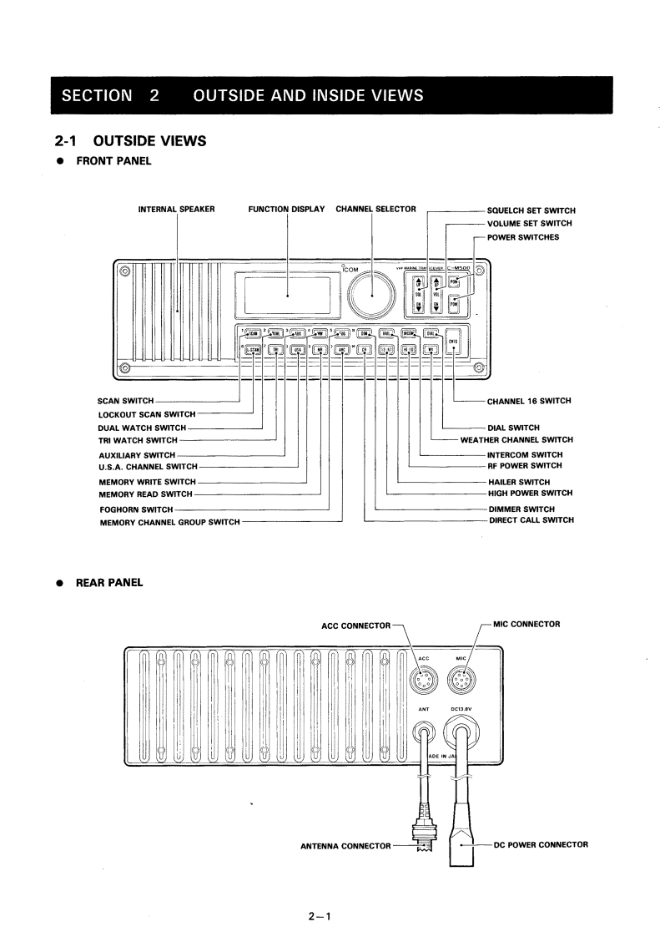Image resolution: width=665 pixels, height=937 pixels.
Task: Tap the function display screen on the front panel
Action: pyautogui.click(x=287, y=295)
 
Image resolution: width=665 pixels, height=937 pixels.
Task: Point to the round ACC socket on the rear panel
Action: pyautogui.click(x=424, y=683)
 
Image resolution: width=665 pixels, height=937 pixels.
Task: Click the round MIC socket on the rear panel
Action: pyautogui.click(x=461, y=683)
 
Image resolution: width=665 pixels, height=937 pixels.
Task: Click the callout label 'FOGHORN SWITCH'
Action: pyautogui.click(x=136, y=509)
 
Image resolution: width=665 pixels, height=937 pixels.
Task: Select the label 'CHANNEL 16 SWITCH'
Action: pyautogui.click(x=529, y=402)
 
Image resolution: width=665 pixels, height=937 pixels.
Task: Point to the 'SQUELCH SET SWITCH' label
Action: pyautogui.click(x=531, y=210)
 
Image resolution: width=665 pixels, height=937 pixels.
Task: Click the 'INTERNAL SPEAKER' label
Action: pyautogui.click(x=177, y=209)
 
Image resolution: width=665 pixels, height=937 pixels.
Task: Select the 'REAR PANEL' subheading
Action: pyautogui.click(x=109, y=583)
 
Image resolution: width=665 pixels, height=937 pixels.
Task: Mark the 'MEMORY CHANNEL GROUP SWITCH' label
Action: pyautogui.click(x=169, y=523)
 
